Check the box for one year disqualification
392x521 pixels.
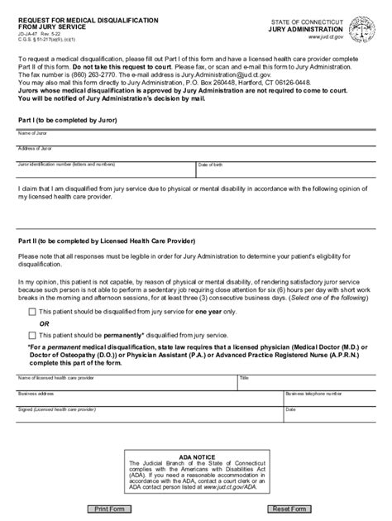32,312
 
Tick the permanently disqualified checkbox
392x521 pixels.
32,335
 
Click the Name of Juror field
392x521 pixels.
195,139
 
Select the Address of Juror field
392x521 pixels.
195,155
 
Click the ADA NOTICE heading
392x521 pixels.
196,455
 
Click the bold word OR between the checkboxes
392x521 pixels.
45,323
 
